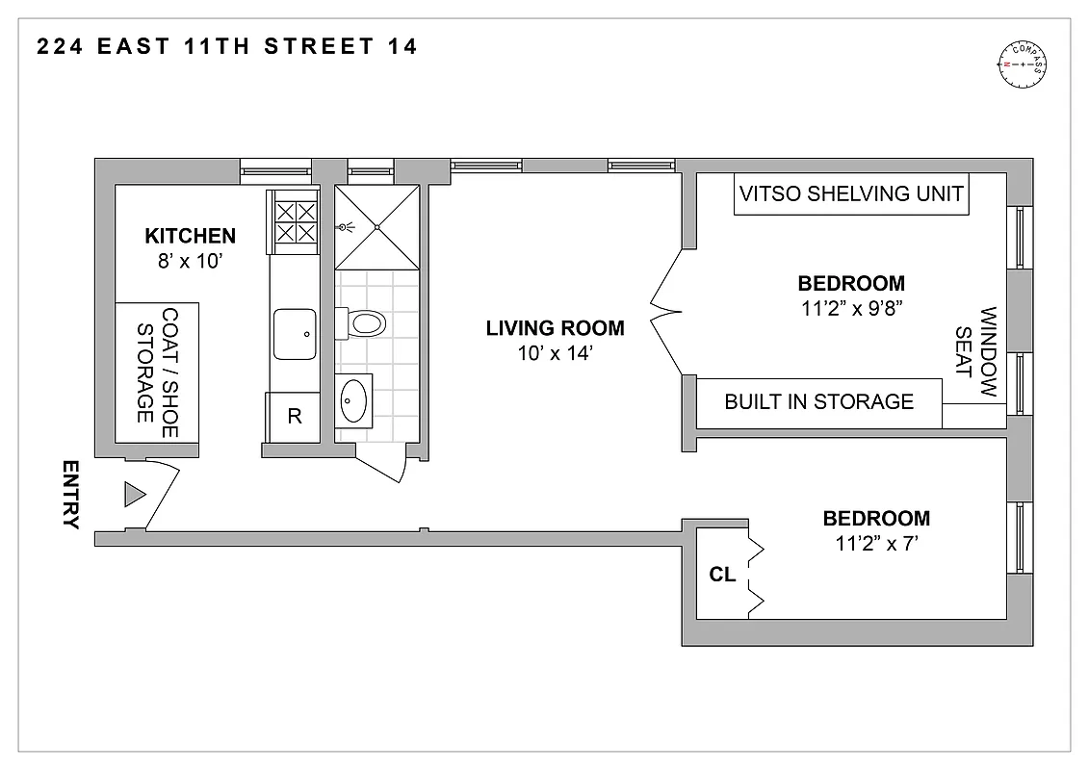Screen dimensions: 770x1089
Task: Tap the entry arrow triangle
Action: [134, 495]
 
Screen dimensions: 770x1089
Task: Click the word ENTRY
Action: [69, 495]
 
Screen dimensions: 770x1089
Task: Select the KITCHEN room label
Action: [190, 236]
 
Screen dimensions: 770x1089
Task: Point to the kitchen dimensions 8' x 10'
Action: [190, 261]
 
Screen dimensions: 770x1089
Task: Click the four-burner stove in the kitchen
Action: [295, 221]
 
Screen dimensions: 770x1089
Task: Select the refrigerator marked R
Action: [295, 417]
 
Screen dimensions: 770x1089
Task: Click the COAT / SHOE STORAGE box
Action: [158, 366]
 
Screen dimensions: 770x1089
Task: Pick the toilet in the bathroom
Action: [364, 321]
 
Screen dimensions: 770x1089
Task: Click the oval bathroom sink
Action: [354, 398]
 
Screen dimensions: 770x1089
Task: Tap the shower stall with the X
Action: [377, 227]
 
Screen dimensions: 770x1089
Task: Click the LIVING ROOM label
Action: [555, 328]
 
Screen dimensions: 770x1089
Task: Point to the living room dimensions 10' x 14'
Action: [555, 353]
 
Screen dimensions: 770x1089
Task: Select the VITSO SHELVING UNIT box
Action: [851, 194]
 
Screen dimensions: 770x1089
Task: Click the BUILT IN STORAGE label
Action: [818, 401]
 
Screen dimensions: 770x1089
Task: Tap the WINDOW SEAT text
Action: [976, 353]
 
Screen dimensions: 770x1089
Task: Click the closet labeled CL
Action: [722, 575]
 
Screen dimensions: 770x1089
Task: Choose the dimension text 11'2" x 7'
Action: [876, 544]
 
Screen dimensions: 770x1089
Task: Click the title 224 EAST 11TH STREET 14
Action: [227, 46]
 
